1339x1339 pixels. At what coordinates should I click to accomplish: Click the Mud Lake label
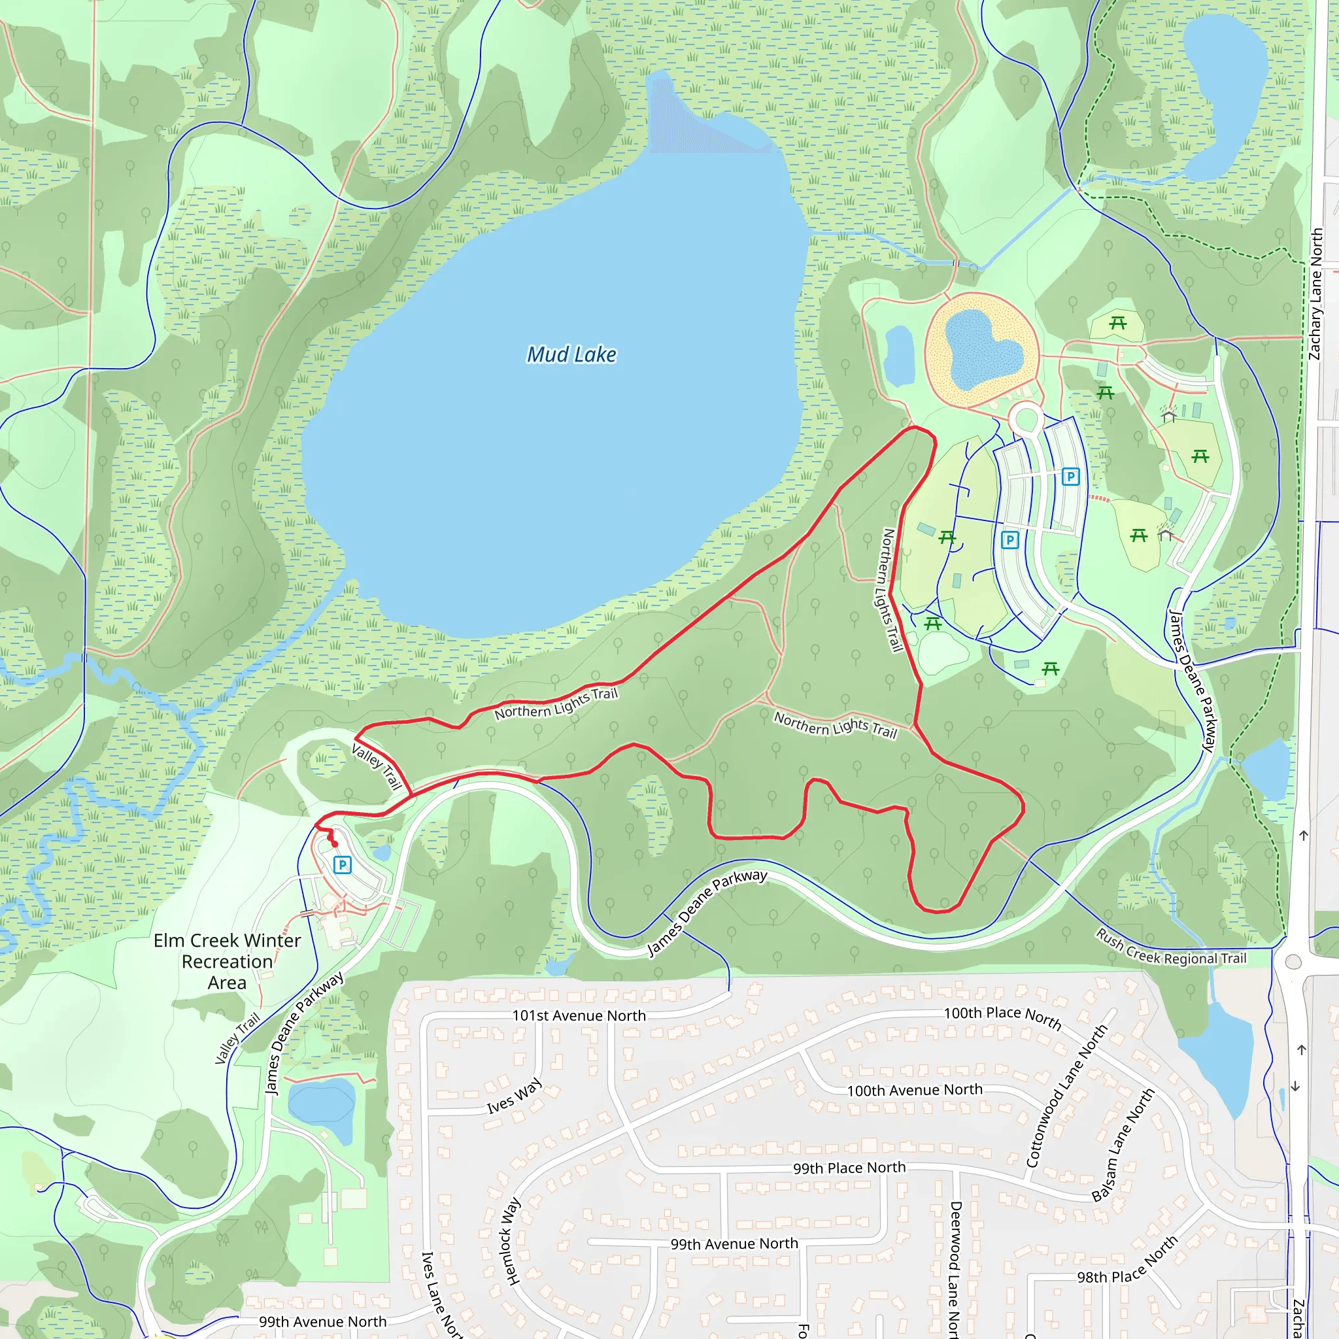coord(571,355)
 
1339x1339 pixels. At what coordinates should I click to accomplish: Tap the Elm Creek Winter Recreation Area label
coord(228,961)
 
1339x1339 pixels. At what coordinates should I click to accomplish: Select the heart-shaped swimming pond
coord(983,348)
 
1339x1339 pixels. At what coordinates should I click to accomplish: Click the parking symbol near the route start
coord(343,864)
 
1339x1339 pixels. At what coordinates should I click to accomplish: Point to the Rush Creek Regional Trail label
coord(1171,948)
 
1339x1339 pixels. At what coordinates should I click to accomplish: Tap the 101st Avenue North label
coord(579,1015)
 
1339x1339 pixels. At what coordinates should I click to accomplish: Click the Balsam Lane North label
coord(1123,1145)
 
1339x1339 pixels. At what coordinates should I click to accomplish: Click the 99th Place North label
coord(849,1168)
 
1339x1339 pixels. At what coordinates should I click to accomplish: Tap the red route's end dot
coord(335,843)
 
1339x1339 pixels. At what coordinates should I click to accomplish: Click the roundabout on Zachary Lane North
coord(1293,961)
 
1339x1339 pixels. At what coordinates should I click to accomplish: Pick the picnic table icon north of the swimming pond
coord(1117,323)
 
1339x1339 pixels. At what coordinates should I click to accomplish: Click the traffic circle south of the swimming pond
coord(1026,419)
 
